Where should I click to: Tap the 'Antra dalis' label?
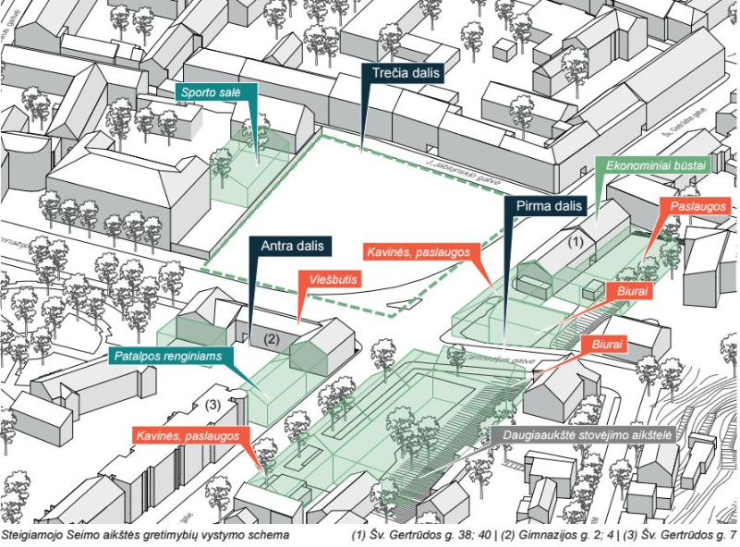(x=291, y=247)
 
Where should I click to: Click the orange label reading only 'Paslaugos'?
(x=698, y=206)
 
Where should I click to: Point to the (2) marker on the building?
(x=272, y=338)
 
